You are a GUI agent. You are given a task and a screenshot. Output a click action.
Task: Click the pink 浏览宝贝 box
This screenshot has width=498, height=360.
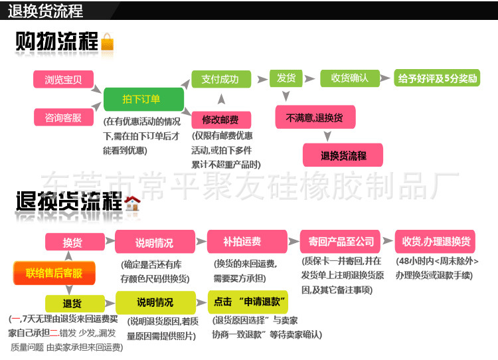pyautogui.click(x=63, y=80)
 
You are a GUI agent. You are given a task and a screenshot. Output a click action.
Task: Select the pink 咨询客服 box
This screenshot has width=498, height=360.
pyautogui.click(x=63, y=118)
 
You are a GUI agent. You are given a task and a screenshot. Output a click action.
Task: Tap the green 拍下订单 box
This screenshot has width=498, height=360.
pyautogui.click(x=143, y=100)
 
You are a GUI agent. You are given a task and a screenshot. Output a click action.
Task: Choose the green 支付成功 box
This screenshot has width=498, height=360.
pyautogui.click(x=221, y=80)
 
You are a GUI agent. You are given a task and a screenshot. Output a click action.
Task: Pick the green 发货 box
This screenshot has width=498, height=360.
pyautogui.click(x=287, y=78)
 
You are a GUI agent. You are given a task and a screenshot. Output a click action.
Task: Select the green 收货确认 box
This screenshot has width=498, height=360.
pyautogui.click(x=349, y=78)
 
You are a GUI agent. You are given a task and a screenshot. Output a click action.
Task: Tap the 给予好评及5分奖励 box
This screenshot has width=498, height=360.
pyautogui.click(x=438, y=78)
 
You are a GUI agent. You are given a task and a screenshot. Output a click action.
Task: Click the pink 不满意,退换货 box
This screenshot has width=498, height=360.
pyautogui.click(x=315, y=118)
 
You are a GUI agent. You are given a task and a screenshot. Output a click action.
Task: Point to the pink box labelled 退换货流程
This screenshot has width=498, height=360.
pyautogui.click(x=343, y=155)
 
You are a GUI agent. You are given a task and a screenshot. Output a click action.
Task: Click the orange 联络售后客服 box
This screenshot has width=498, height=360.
pyautogui.click(x=54, y=273)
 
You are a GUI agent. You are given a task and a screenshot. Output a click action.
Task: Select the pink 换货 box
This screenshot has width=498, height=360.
pyautogui.click(x=72, y=242)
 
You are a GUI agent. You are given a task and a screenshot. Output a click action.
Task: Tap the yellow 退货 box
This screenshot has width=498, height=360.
pyautogui.click(x=72, y=303)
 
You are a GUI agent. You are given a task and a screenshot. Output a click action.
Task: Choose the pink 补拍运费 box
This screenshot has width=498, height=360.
pyautogui.click(x=242, y=242)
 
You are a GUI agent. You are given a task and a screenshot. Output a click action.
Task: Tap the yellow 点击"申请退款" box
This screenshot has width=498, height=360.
pyautogui.click(x=250, y=302)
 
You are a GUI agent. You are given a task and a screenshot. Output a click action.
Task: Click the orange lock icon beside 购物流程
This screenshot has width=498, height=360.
pyautogui.click(x=107, y=43)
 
